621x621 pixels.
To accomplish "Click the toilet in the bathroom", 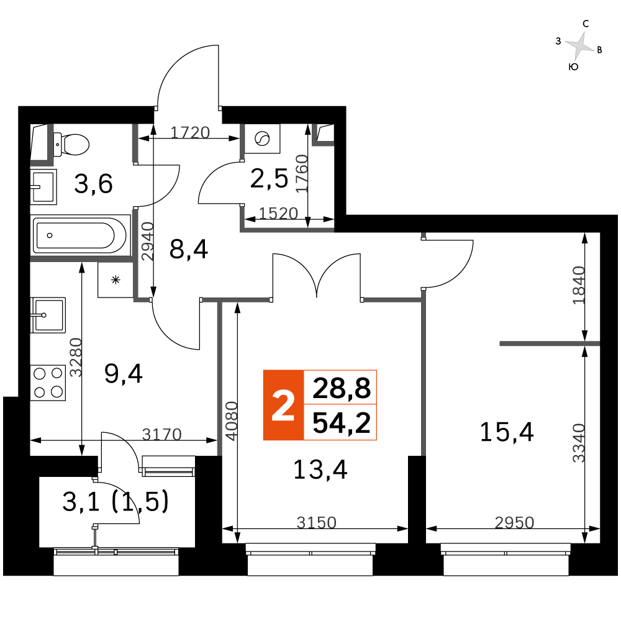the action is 71,144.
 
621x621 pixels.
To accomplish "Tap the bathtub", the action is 81,235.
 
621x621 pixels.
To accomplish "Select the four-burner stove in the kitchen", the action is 48,383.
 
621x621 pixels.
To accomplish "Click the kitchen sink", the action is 48,315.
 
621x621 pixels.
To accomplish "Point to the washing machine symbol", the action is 262,139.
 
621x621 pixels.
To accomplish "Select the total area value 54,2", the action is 342,422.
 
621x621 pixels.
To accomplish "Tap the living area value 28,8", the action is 342,388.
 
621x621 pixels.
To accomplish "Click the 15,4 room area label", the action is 507,432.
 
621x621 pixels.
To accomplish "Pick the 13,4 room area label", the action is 320,469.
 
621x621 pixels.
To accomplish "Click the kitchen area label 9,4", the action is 123,373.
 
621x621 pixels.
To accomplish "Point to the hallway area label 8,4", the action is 189,250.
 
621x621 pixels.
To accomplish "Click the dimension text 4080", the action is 231,421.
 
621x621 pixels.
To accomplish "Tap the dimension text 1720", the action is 190,132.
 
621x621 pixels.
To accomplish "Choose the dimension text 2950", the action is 514,523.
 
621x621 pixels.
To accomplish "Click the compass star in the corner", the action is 580,45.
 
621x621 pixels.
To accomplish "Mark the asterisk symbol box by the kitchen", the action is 116,280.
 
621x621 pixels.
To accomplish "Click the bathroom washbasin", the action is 43,187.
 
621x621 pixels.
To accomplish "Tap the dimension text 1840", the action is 579,285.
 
